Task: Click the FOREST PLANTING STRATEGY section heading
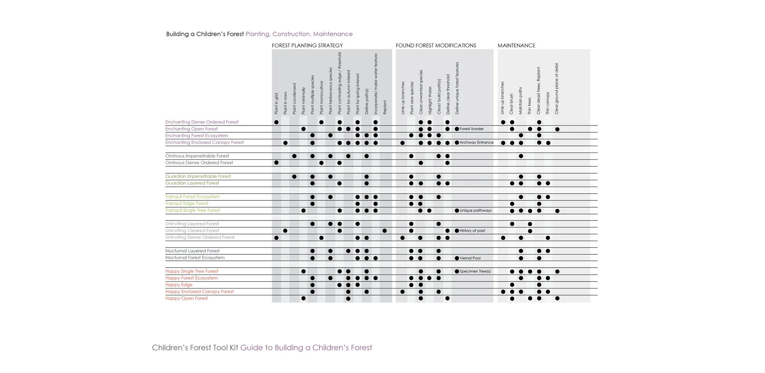[307, 45]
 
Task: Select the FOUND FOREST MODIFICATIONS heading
[436, 45]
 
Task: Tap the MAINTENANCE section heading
[516, 45]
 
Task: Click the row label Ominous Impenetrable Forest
[197, 156]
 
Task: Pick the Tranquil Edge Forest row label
[186, 204]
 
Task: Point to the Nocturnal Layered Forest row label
[192, 251]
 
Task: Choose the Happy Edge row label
[179, 285]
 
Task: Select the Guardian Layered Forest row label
[192, 183]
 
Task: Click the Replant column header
[385, 107]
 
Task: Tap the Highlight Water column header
[430, 100]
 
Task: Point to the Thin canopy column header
[548, 103]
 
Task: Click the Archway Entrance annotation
[476, 142]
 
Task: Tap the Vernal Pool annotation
[470, 258]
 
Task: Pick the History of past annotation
[472, 231]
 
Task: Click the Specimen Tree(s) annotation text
[475, 272]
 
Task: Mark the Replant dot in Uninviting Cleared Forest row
[385, 231]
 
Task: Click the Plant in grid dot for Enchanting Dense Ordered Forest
[276, 122]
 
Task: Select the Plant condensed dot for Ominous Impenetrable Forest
[294, 156]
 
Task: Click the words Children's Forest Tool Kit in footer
[195, 348]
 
